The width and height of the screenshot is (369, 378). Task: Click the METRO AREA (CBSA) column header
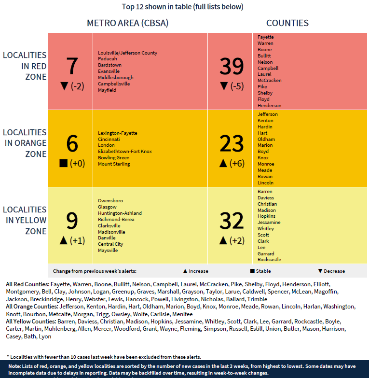point(127,23)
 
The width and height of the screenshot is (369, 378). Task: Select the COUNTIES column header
point(287,23)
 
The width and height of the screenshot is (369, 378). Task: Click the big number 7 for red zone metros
point(72,66)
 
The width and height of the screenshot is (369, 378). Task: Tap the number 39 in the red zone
point(232,66)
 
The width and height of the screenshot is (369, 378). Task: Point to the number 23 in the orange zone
point(232,144)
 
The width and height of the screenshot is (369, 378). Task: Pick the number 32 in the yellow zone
point(232,221)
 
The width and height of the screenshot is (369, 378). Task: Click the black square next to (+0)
point(63,163)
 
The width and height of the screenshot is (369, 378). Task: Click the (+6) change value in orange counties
point(237,163)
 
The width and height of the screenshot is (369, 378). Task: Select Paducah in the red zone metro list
point(107,59)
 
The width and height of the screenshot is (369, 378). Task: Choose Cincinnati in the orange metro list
point(109,139)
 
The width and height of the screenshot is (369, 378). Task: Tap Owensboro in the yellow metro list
point(110,200)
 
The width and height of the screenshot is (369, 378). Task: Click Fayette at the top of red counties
point(265,37)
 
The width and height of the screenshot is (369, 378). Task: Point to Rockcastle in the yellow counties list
point(269,260)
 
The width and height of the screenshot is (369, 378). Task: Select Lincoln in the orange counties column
point(265,182)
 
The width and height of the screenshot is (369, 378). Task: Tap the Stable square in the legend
point(252,271)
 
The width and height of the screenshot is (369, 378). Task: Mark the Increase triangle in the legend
point(185,271)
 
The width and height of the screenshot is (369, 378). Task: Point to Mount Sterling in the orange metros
point(114,164)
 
